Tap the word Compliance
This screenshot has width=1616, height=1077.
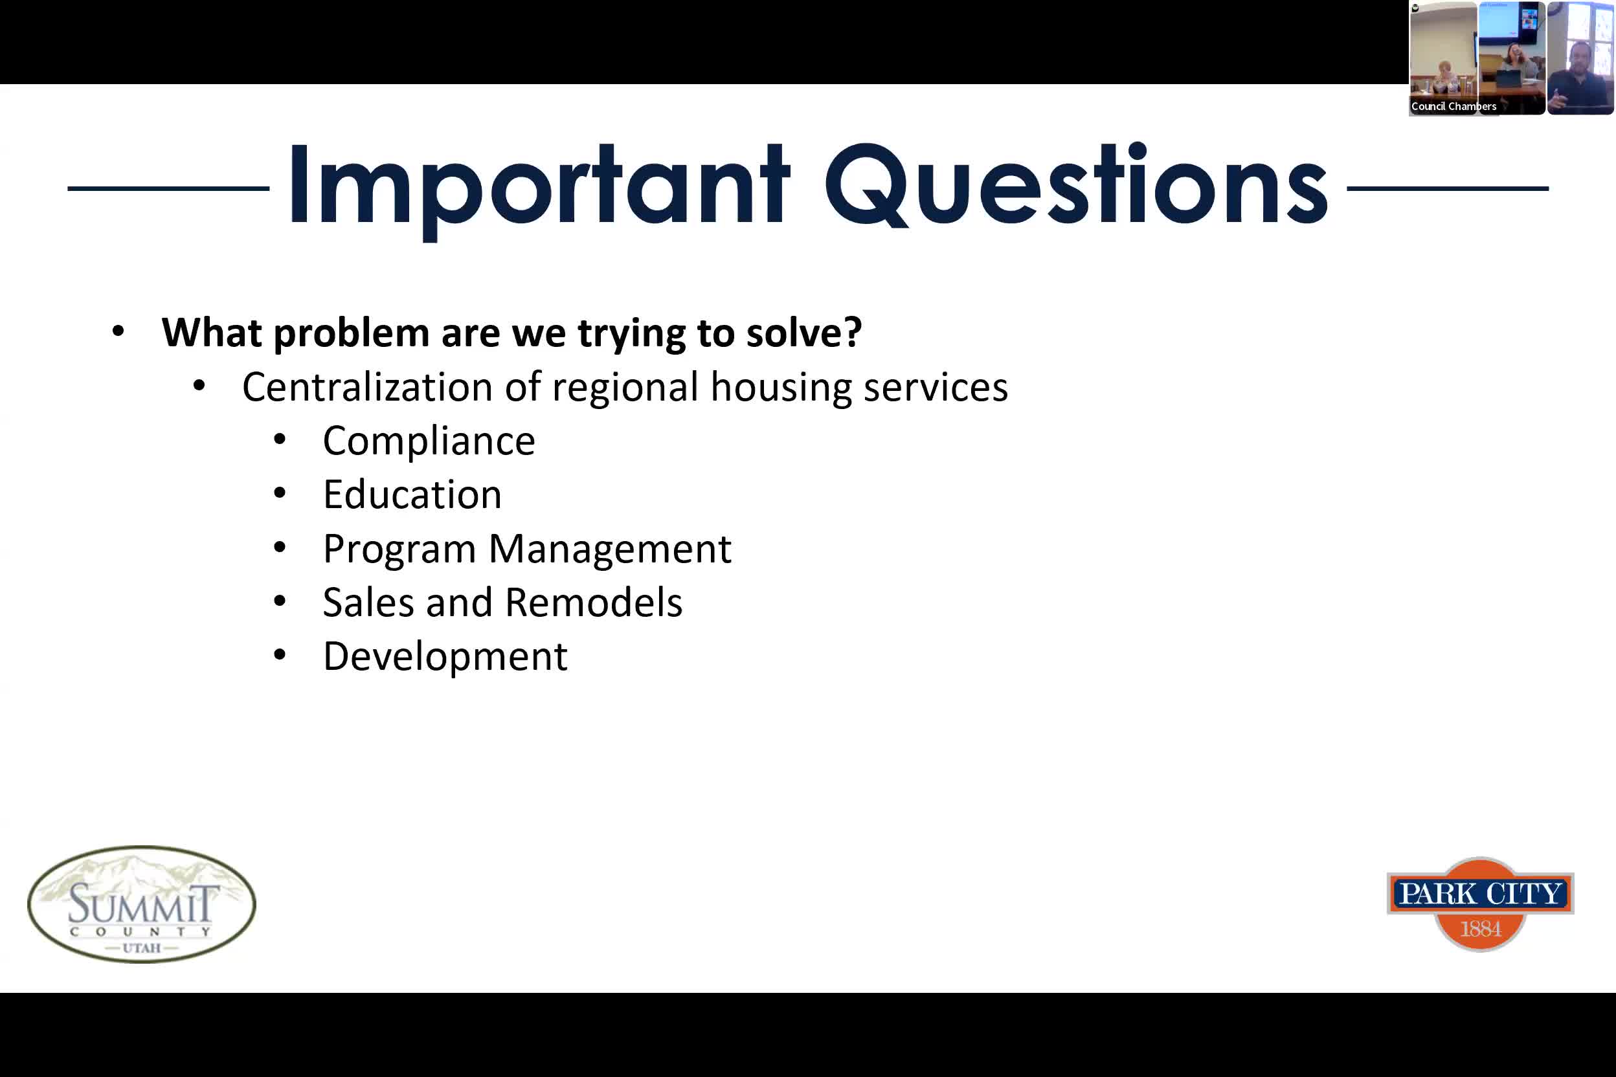[x=429, y=441]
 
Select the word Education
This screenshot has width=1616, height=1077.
[x=412, y=494]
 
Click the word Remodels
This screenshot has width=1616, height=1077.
[x=594, y=603]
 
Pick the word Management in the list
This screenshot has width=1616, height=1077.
[x=610, y=550]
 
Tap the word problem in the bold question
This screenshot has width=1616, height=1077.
[x=351, y=334]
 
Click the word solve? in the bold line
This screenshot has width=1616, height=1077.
[x=804, y=333]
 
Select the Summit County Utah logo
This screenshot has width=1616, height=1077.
[x=142, y=904]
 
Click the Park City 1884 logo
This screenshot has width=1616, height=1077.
[x=1481, y=904]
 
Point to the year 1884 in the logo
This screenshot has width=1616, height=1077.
[x=1481, y=929]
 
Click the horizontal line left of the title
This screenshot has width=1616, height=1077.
[x=168, y=188]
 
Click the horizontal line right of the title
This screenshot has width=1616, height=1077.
[x=1448, y=188]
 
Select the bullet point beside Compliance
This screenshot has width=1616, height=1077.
[x=280, y=439]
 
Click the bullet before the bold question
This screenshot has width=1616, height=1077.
[x=118, y=331]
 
